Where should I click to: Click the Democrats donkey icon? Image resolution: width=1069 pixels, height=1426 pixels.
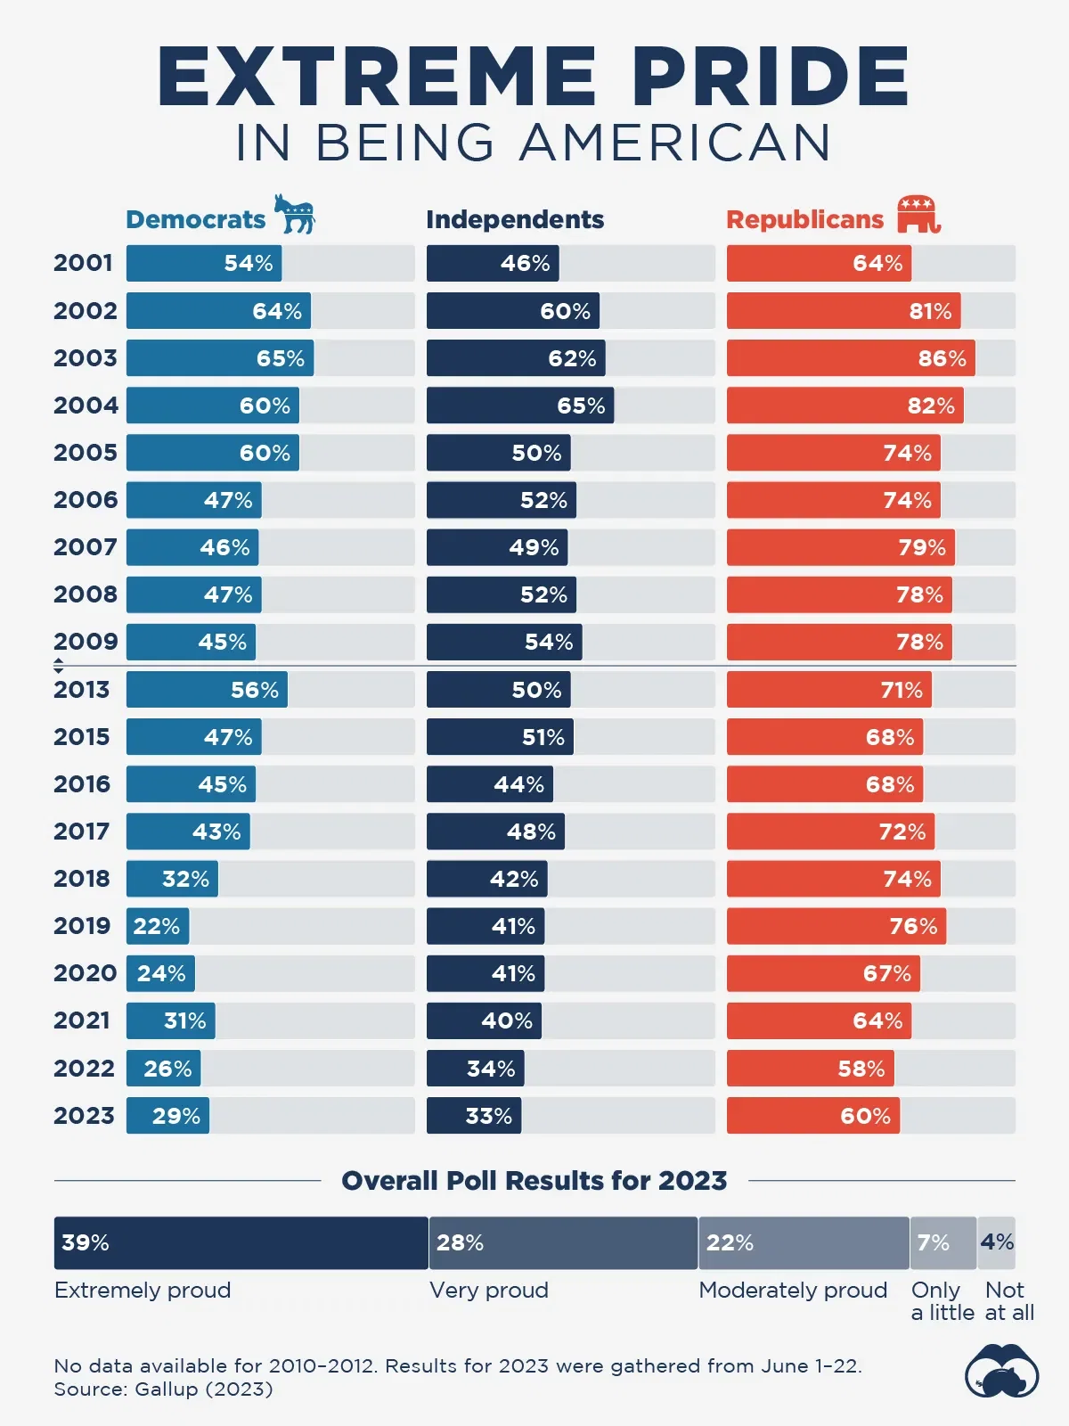point(294,214)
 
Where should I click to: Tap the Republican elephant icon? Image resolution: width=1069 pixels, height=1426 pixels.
point(918,214)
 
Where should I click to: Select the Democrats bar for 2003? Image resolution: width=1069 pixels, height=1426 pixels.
point(220,358)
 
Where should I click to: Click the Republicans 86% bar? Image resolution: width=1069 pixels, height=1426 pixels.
point(851,358)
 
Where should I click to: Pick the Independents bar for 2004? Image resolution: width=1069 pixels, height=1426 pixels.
point(520,406)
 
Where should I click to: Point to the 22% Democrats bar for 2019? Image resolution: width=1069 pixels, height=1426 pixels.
point(158,926)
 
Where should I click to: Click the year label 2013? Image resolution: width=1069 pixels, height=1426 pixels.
point(82,690)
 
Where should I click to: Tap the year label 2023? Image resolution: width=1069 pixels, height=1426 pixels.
point(85,1116)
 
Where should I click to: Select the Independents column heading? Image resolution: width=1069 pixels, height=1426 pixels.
point(515,219)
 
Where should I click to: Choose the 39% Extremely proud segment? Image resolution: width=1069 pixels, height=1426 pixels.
point(241,1243)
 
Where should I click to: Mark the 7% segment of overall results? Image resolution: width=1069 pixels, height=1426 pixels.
point(943,1243)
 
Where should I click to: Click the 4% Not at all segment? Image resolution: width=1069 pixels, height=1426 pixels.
point(997,1243)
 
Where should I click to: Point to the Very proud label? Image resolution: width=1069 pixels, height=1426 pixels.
point(489,1291)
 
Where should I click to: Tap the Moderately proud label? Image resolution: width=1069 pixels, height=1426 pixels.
point(793,1291)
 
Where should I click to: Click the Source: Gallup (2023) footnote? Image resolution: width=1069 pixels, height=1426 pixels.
point(163,1389)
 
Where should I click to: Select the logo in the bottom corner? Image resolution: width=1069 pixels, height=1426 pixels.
point(1002,1373)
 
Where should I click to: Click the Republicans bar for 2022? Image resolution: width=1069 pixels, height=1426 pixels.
point(811,1069)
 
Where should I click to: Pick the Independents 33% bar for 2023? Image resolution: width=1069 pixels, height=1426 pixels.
point(474,1116)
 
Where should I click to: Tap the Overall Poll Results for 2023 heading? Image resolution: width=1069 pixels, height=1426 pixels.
point(534,1181)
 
